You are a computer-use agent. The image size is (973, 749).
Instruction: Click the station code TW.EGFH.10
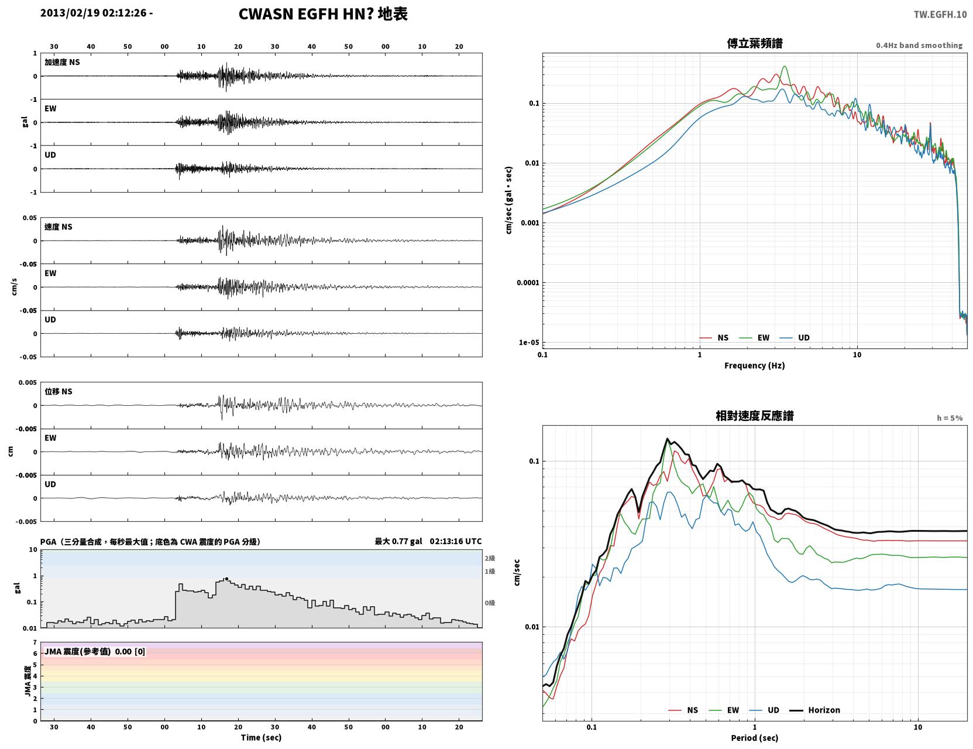[940, 14]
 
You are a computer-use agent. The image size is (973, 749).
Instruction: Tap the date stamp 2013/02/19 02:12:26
[93, 12]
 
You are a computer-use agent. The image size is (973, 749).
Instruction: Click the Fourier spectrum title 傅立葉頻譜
[755, 43]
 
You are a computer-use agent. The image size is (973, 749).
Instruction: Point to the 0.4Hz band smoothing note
[919, 45]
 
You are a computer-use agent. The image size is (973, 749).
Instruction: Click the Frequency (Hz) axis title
[755, 365]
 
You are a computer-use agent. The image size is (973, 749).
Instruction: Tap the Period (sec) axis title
[755, 738]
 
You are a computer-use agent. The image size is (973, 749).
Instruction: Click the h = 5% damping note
[949, 418]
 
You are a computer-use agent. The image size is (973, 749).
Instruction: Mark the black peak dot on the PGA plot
[226, 579]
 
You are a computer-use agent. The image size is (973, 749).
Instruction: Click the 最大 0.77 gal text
[398, 541]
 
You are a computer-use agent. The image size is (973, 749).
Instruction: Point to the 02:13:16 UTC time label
[455, 541]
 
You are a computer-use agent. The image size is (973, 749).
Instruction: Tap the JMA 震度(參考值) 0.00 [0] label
[94, 651]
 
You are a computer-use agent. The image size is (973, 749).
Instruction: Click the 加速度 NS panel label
[62, 62]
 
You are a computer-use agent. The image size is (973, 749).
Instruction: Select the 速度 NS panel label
[58, 227]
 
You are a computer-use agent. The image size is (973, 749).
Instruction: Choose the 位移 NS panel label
[58, 391]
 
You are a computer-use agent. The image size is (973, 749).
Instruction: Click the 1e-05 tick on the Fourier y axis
[529, 343]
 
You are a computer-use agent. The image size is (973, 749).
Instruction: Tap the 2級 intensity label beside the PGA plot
[490, 558]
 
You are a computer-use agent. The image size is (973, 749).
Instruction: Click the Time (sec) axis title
[261, 737]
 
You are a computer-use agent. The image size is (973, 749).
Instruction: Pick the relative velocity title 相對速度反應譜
[755, 416]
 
